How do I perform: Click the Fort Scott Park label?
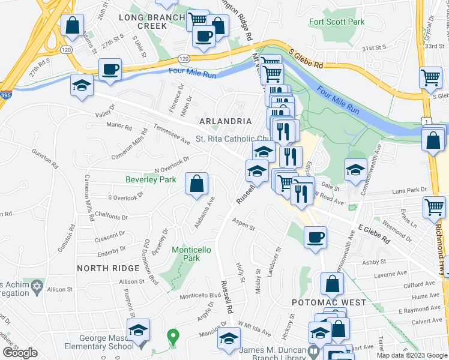337,22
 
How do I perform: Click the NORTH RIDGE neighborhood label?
104,267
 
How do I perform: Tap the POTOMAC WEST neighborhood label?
328,302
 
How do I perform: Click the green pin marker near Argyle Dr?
173,337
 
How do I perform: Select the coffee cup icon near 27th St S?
110,70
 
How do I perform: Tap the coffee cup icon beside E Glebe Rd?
315,238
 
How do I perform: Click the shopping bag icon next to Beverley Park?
196,184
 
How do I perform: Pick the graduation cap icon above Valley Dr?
82,85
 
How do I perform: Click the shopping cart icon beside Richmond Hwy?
434,208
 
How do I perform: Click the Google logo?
20,352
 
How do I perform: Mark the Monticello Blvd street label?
201,296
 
